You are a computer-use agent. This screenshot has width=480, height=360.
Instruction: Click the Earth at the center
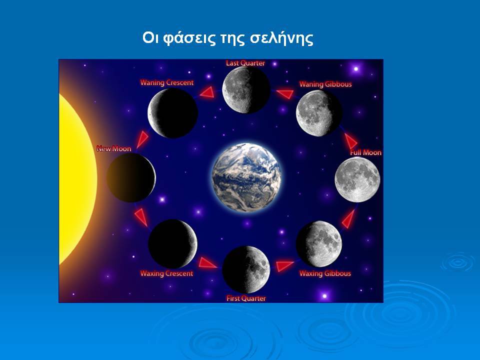(x=246, y=177)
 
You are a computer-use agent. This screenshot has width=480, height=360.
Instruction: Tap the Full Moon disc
(x=357, y=179)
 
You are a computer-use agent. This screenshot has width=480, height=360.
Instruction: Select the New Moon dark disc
(x=131, y=177)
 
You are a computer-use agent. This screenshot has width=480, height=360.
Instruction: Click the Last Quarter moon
(x=246, y=90)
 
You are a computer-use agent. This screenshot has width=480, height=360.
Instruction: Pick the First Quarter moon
(x=246, y=269)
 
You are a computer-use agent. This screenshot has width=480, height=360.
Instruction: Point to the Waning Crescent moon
(x=172, y=113)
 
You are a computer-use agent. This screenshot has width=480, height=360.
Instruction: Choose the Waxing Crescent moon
(x=172, y=243)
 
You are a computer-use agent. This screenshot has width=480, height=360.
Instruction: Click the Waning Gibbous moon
(x=319, y=113)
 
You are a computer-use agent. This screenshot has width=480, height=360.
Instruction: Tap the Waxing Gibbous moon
(x=319, y=243)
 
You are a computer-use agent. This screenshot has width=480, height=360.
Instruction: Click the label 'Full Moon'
(x=366, y=152)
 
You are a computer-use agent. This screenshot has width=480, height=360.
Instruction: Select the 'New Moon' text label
(x=114, y=149)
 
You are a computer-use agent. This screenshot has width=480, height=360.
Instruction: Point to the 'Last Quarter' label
(x=245, y=63)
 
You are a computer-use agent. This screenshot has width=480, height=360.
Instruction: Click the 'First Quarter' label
(x=246, y=298)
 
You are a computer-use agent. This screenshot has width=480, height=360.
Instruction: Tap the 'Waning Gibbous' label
(x=325, y=84)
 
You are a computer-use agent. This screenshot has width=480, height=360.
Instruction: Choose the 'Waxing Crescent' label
(x=167, y=273)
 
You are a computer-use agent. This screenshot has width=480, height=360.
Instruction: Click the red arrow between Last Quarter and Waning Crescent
(x=207, y=92)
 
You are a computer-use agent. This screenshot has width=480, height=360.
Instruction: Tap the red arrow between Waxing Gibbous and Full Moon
(x=348, y=218)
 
